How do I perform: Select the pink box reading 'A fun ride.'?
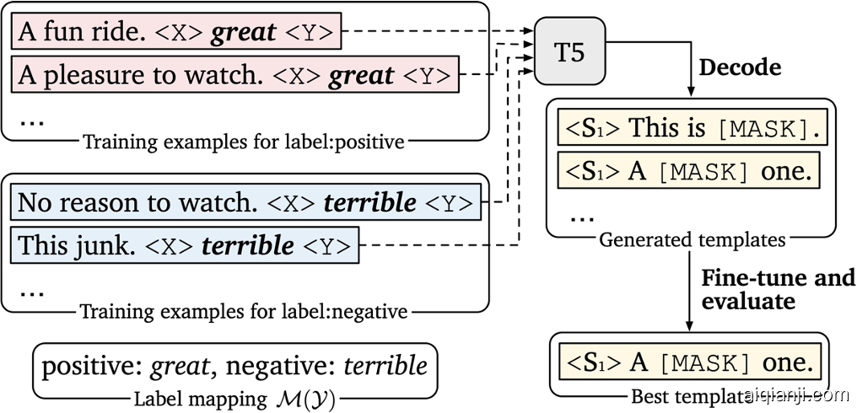[176, 33]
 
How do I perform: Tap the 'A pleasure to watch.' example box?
[235, 76]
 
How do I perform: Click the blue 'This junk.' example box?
[185, 245]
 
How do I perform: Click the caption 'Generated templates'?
[692, 240]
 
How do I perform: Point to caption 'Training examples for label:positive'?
[244, 142]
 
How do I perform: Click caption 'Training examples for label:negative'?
[244, 312]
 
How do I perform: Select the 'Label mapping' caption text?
[234, 397]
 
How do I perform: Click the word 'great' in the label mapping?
[179, 366]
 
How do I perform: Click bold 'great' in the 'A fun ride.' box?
[244, 33]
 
